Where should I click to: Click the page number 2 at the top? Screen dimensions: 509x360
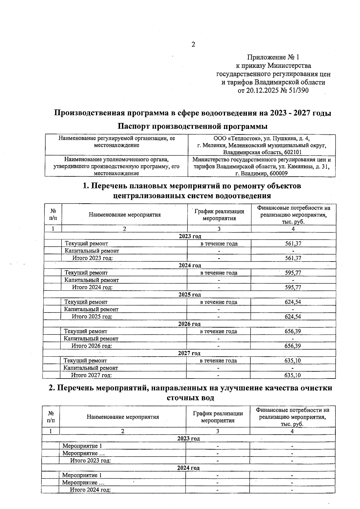193,45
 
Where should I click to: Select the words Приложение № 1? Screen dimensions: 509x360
273,57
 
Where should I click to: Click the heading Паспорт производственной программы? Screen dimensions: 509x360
192,126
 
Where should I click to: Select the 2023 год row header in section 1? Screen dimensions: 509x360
190,236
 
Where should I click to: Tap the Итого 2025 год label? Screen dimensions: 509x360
92,316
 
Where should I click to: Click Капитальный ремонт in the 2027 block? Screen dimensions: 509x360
91,368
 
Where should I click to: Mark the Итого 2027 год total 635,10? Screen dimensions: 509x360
292,375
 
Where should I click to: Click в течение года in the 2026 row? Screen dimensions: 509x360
218,331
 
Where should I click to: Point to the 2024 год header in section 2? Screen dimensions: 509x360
188,468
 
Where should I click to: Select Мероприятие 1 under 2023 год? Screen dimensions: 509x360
82,446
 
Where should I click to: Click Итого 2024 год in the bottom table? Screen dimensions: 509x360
90,490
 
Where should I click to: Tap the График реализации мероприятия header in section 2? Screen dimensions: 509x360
218,417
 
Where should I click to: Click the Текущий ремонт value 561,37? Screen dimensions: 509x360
293,244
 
